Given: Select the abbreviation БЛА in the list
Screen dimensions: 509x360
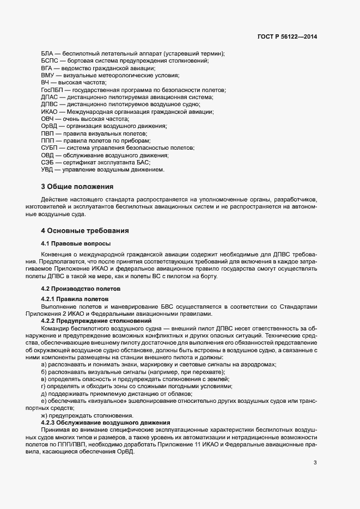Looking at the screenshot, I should [x=48, y=53].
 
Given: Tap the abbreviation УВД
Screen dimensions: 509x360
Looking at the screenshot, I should [x=48, y=169].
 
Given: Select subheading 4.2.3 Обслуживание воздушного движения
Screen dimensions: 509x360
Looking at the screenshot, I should [x=106, y=422].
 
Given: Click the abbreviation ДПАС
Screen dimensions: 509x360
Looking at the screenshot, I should [x=50, y=96].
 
